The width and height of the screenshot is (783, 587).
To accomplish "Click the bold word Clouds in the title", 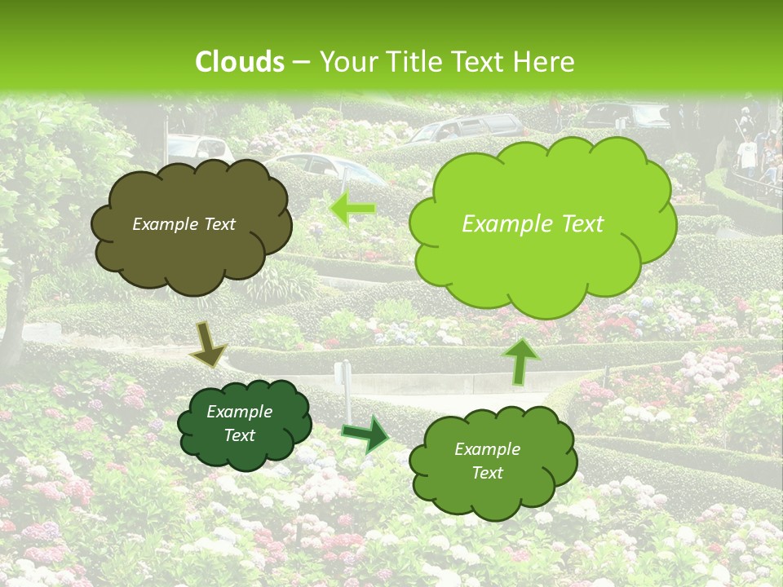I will tap(240, 62).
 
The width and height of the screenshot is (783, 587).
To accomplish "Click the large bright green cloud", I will tap(542, 269).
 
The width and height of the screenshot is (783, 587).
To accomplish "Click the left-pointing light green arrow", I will tap(352, 210).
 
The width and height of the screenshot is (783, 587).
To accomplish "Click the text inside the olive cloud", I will tap(184, 224).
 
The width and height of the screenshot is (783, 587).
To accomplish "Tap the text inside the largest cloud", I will tap(533, 224).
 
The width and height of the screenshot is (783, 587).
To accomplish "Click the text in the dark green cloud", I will tap(239, 424).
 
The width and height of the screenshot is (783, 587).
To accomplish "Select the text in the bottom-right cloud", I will tap(487, 461).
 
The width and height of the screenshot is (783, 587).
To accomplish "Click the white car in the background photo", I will tap(200, 148).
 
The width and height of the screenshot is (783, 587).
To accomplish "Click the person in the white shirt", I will tap(746, 155).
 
